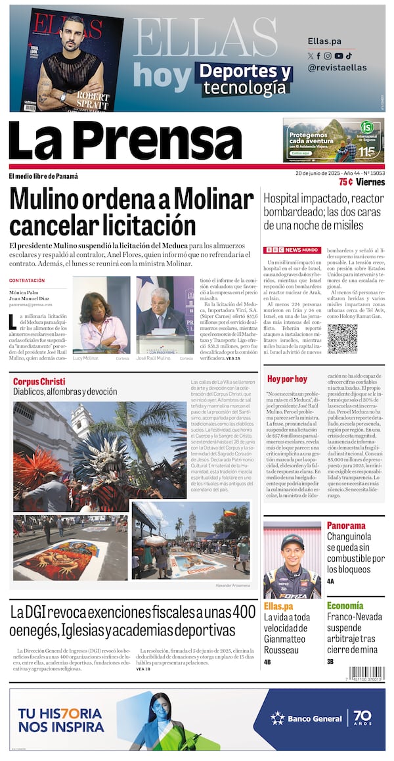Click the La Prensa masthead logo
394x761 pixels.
[125, 140]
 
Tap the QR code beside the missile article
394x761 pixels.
[342, 338]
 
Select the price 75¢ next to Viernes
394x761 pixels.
[345, 182]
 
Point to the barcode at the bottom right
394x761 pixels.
[366, 673]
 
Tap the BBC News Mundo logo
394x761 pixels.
[292, 250]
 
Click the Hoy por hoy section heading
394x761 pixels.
[287, 379]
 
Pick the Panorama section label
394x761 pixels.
[346, 526]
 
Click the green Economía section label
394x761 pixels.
[345, 605]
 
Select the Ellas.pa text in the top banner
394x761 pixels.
[324, 41]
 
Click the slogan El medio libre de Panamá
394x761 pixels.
[43, 176]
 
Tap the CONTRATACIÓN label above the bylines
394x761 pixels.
[27, 281]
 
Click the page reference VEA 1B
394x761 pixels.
[143, 669]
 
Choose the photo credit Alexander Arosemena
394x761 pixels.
[232, 585]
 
